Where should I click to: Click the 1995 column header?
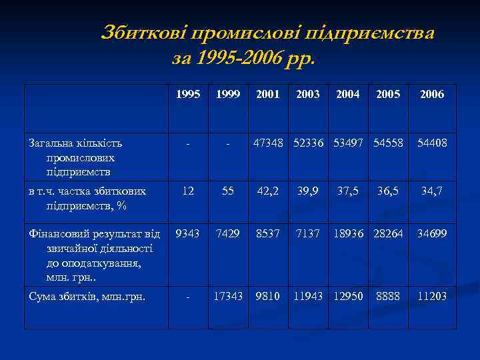(x=189, y=95)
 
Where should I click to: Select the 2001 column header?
(x=267, y=95)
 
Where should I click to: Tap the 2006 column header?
(x=432, y=95)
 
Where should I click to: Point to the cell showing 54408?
(x=432, y=143)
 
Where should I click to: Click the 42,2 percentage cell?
(x=267, y=191)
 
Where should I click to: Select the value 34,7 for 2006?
(x=432, y=191)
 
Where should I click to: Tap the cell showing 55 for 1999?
(x=228, y=191)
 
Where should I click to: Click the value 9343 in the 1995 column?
(x=189, y=234)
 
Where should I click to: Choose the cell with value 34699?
(x=432, y=234)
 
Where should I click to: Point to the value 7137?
(x=308, y=234)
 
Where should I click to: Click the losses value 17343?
(x=228, y=295)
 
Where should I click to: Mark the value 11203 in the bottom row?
(x=432, y=295)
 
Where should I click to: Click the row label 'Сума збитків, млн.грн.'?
(x=87, y=295)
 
